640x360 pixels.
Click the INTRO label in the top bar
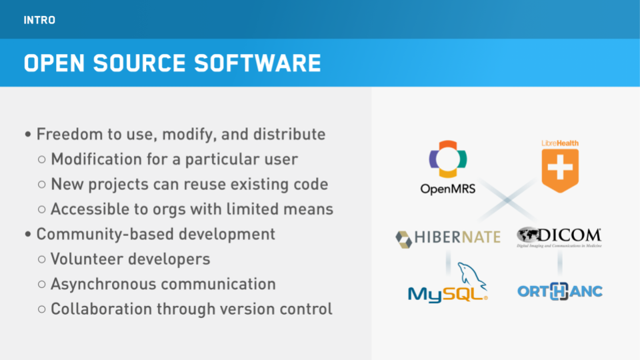(x=39, y=20)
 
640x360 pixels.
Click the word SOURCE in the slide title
(x=139, y=63)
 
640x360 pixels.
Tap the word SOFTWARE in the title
(x=257, y=63)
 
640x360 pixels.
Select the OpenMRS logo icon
(x=448, y=159)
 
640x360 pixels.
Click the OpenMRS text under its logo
(x=448, y=189)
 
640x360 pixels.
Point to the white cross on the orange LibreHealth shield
(x=560, y=167)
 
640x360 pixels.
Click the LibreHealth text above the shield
(x=559, y=143)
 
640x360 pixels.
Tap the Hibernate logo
(x=448, y=239)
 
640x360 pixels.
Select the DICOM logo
(x=559, y=237)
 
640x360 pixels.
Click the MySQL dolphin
(x=471, y=275)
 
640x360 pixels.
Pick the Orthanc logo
(x=559, y=291)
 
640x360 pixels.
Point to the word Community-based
(x=105, y=234)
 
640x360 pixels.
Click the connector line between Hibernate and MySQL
(x=448, y=263)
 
